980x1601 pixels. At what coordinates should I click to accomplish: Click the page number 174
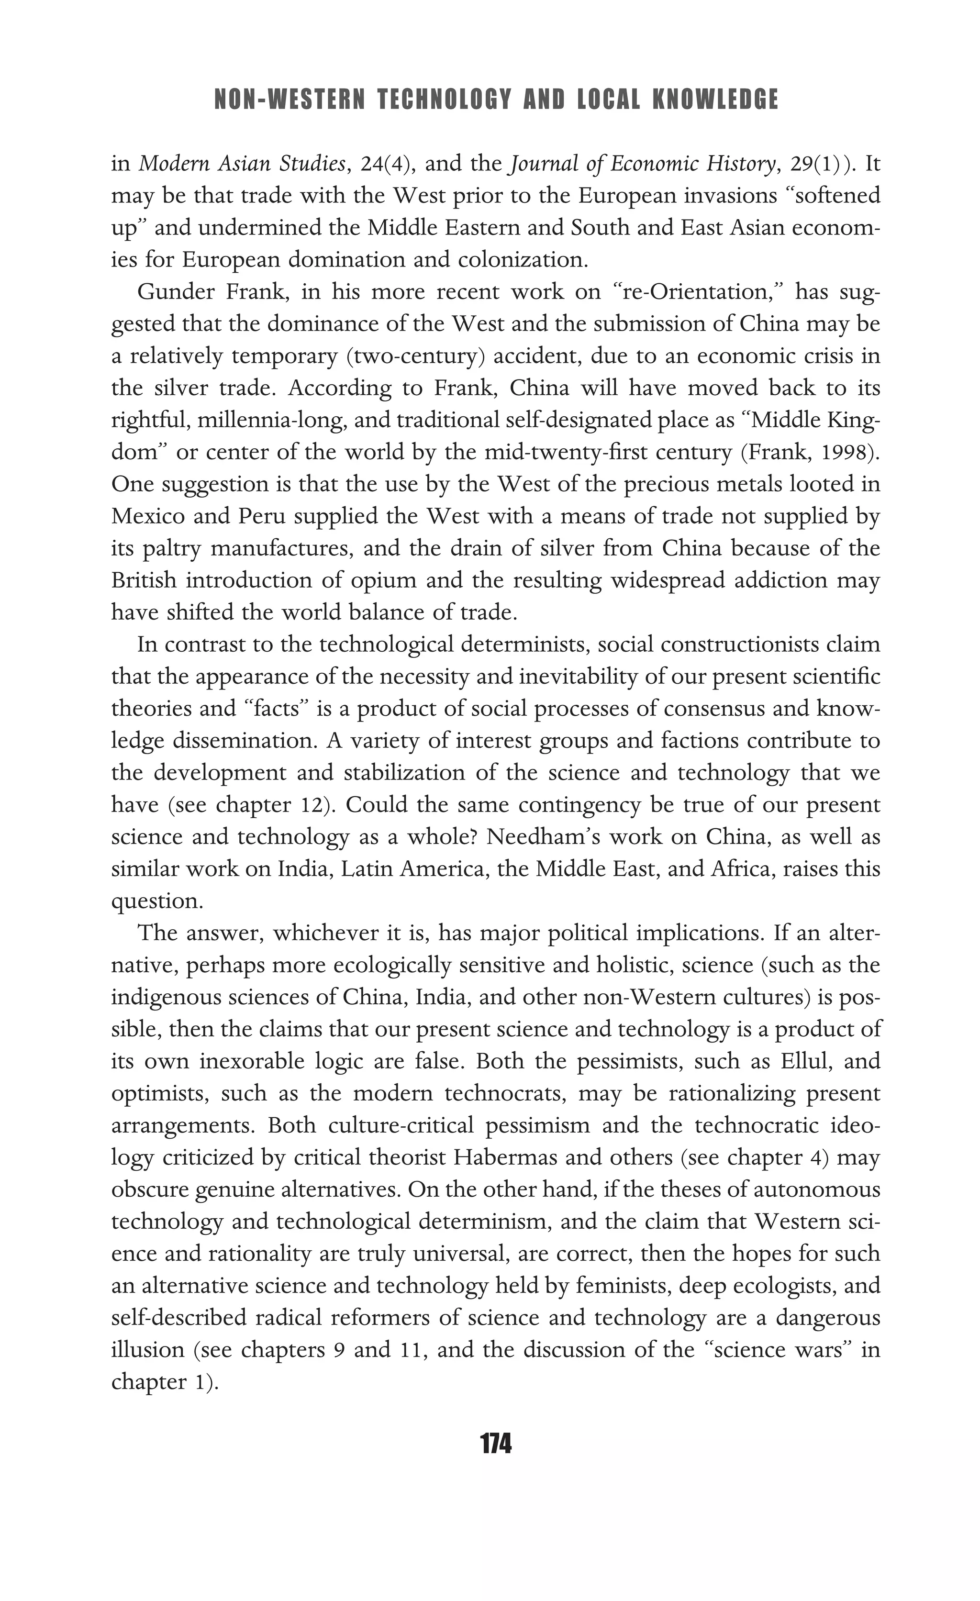pos(496,1445)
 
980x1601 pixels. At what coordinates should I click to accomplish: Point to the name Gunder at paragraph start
pos(176,292)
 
